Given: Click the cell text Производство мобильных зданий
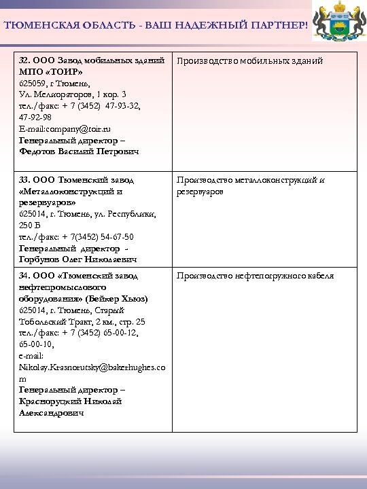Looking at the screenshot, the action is (x=249, y=61).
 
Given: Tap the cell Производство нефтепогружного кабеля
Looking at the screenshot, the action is (x=255, y=276).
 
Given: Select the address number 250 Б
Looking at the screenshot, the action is (x=30, y=225).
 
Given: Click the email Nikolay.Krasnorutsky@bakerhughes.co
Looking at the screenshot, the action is (x=90, y=367).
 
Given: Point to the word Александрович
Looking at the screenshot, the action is (x=51, y=413).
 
